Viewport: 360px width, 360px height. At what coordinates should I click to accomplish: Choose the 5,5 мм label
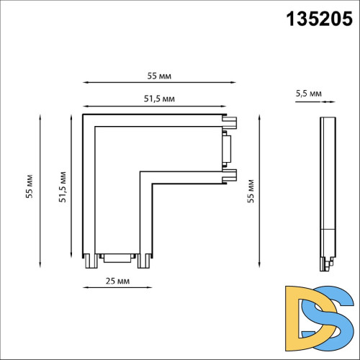click(x=308, y=92)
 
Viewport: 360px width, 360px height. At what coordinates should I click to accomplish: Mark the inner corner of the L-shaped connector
click(x=140, y=172)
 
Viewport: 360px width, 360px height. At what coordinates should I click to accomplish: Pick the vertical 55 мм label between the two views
click(x=251, y=192)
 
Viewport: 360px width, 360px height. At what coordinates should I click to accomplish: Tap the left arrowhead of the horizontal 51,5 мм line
click(x=85, y=104)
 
